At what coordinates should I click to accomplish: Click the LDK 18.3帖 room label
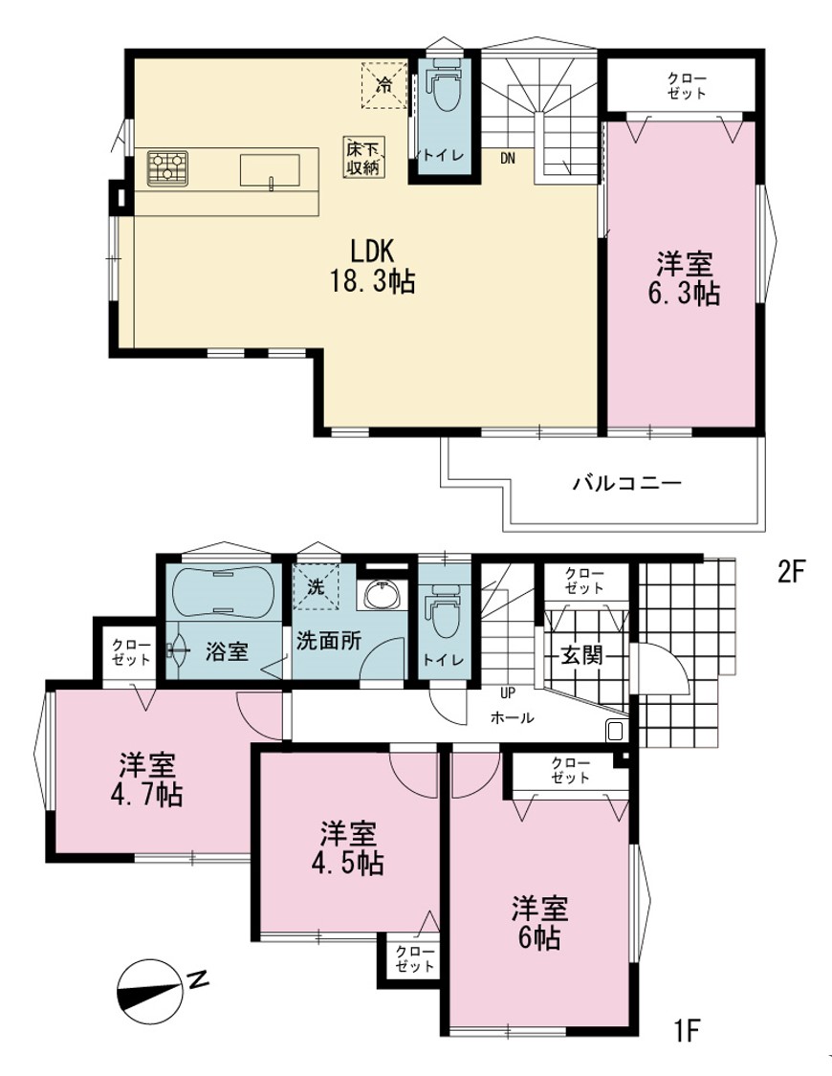373,266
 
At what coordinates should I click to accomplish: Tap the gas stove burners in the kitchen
167,168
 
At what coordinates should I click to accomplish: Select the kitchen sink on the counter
270,170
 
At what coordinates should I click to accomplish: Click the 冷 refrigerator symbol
384,85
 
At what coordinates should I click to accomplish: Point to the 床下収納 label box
364,157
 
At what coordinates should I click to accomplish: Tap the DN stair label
507,159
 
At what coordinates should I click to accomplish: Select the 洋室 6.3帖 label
684,278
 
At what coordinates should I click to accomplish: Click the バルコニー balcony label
627,484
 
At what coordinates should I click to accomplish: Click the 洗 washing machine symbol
316,586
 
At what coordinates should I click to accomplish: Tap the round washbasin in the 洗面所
382,594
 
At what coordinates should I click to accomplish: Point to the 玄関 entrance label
581,654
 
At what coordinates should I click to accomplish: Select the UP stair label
508,692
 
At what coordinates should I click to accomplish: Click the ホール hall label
512,717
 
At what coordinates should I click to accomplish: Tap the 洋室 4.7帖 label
146,780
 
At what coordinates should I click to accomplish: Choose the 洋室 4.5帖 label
348,849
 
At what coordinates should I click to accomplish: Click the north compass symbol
149,991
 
